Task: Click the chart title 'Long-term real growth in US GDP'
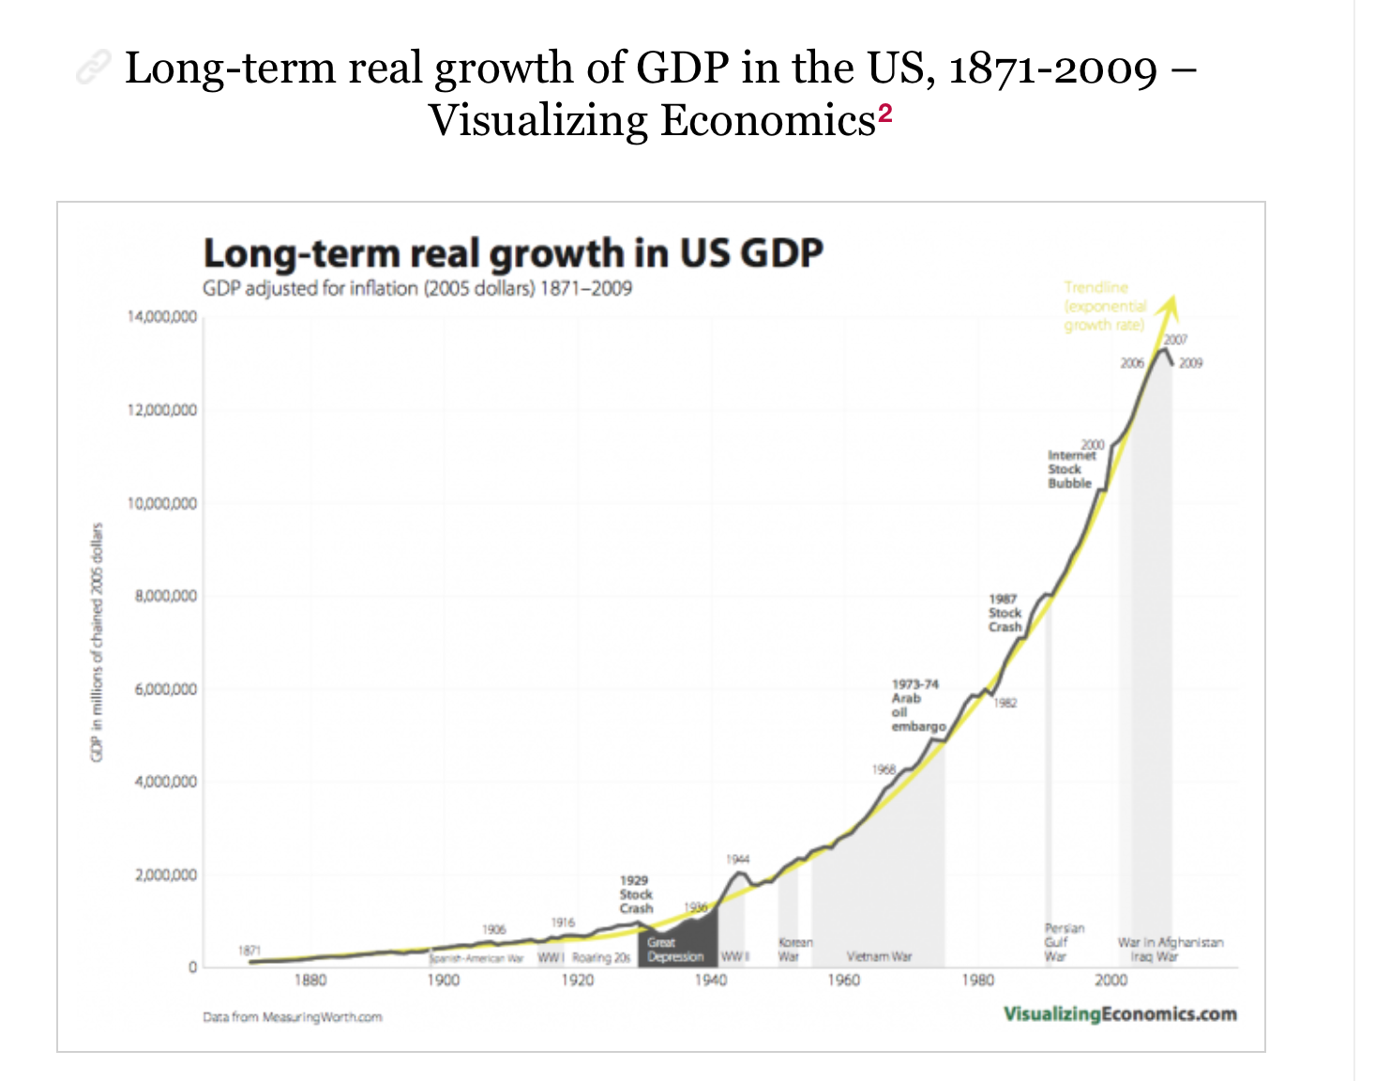pyautogui.click(x=513, y=253)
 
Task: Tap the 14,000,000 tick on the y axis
pyautogui.click(x=162, y=317)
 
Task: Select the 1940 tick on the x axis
pyautogui.click(x=711, y=981)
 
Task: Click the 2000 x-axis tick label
pyautogui.click(x=1111, y=981)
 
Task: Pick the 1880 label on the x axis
pyautogui.click(x=310, y=981)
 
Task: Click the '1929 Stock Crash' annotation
pyautogui.click(x=635, y=894)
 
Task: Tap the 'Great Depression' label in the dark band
pyautogui.click(x=675, y=950)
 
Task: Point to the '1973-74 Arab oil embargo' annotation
pyautogui.click(x=917, y=706)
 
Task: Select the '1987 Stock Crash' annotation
pyautogui.click(x=1005, y=613)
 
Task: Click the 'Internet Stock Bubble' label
pyautogui.click(x=1070, y=469)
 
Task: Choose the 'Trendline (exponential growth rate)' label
pyautogui.click(x=1105, y=306)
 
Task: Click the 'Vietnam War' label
pyautogui.click(x=879, y=957)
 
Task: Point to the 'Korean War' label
pyautogui.click(x=794, y=950)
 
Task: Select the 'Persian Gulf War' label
pyautogui.click(x=1064, y=942)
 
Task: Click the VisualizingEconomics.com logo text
pyautogui.click(x=1119, y=1014)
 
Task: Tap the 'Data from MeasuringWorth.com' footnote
pyautogui.click(x=293, y=1017)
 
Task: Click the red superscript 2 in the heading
pyautogui.click(x=885, y=114)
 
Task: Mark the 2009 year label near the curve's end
pyautogui.click(x=1191, y=363)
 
